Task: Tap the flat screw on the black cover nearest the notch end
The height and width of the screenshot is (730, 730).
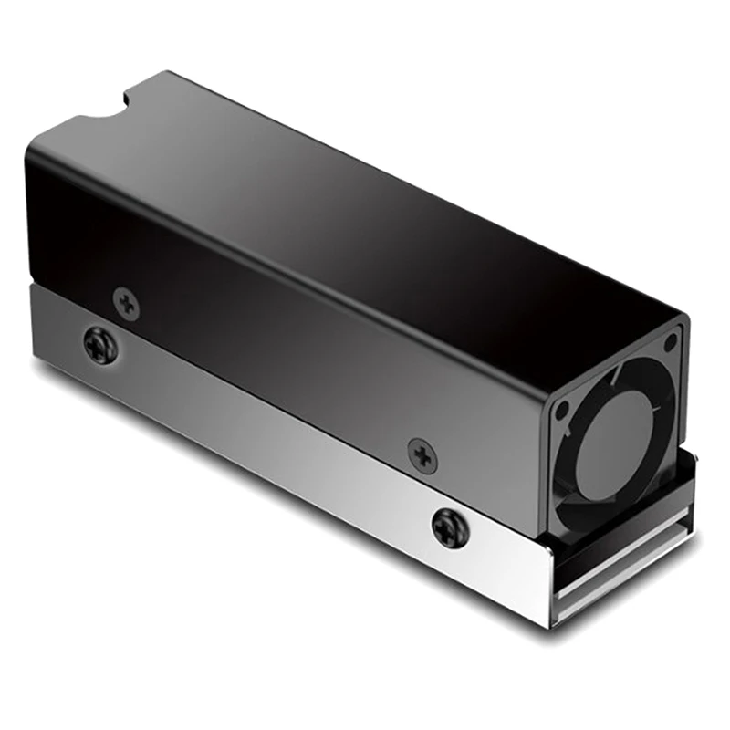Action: tap(127, 303)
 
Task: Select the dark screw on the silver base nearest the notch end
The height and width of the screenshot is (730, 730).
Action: tap(99, 345)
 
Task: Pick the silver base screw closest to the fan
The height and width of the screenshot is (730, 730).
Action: tap(450, 527)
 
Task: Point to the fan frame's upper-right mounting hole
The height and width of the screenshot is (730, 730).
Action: tap(672, 342)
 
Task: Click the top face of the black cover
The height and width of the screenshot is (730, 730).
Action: tap(365, 182)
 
